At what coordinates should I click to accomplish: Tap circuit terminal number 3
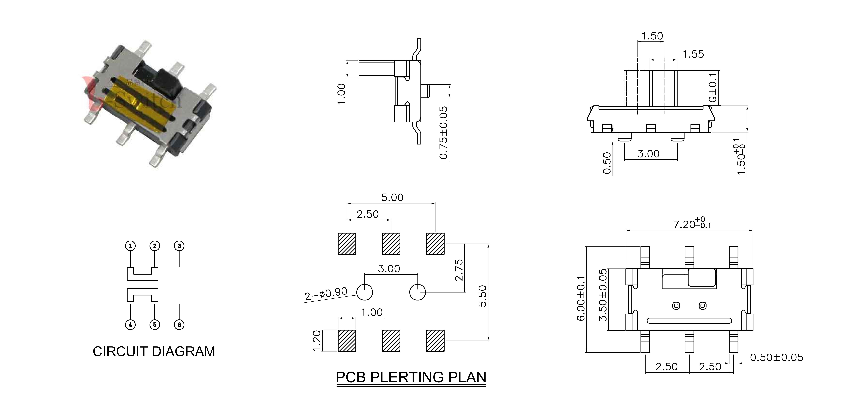click(179, 246)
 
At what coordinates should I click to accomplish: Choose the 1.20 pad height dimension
click(317, 341)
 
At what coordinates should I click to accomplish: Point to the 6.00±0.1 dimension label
click(581, 298)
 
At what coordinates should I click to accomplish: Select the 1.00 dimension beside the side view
click(341, 94)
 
